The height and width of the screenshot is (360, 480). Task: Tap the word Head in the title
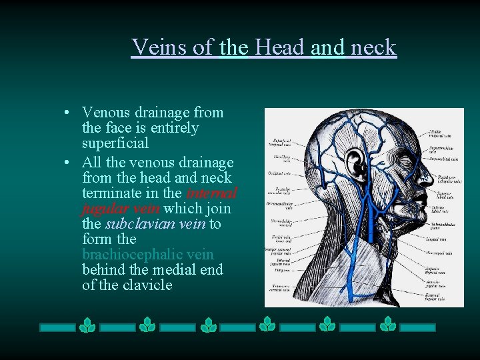[x=279, y=47]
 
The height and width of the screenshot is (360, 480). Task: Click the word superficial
[x=115, y=143]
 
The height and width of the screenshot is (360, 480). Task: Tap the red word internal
[x=211, y=193]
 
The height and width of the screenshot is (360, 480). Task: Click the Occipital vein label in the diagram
[x=279, y=174]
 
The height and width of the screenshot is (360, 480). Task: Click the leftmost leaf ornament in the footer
[x=87, y=325]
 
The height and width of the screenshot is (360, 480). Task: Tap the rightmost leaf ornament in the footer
[x=387, y=325]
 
